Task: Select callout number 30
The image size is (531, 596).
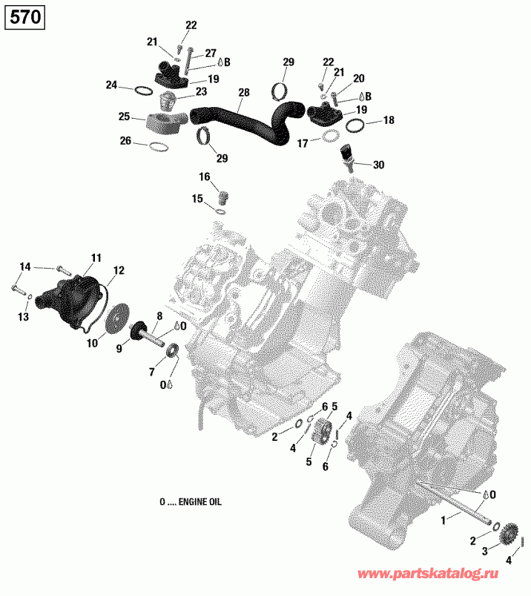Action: (378, 165)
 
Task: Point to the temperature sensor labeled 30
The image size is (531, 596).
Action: (346, 155)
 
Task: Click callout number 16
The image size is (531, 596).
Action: (204, 177)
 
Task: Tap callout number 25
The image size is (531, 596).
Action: (125, 117)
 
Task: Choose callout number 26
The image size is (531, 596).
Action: (125, 140)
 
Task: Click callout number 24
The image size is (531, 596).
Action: (111, 85)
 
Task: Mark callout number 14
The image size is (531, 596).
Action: (25, 266)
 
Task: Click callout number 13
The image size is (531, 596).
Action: (23, 317)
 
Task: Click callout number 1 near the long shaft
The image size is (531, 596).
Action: (444, 521)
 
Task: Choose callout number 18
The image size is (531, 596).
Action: (389, 120)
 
